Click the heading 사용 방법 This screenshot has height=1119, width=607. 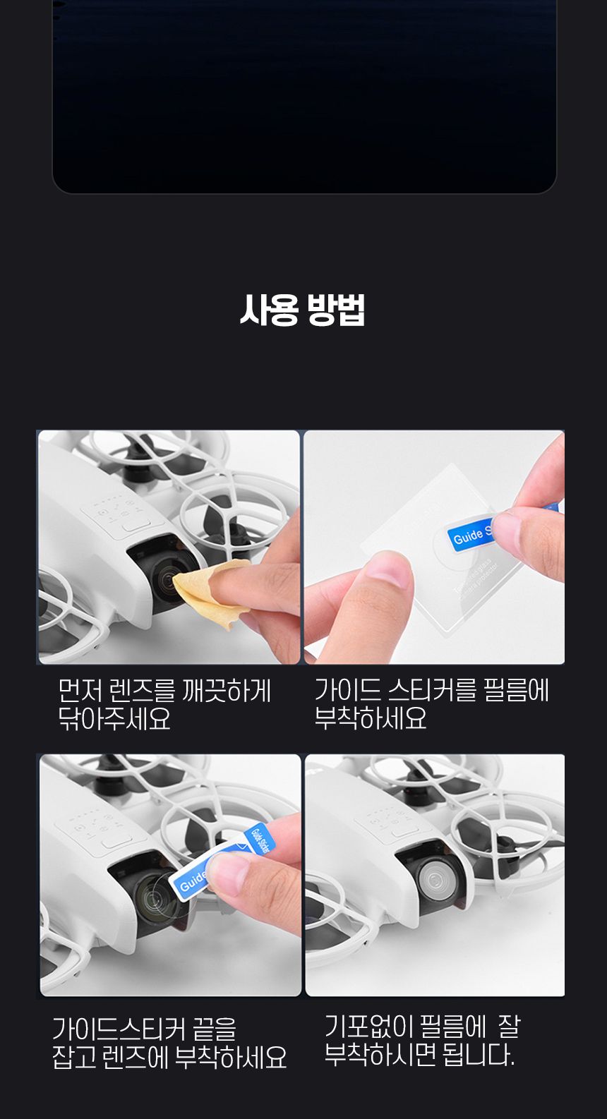(x=302, y=310)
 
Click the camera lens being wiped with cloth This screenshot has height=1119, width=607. (x=166, y=583)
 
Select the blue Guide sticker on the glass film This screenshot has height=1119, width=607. (x=469, y=536)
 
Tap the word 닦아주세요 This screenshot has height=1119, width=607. (x=114, y=719)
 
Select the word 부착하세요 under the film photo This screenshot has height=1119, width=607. (x=371, y=718)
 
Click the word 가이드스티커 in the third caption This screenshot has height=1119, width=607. (x=119, y=1029)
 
